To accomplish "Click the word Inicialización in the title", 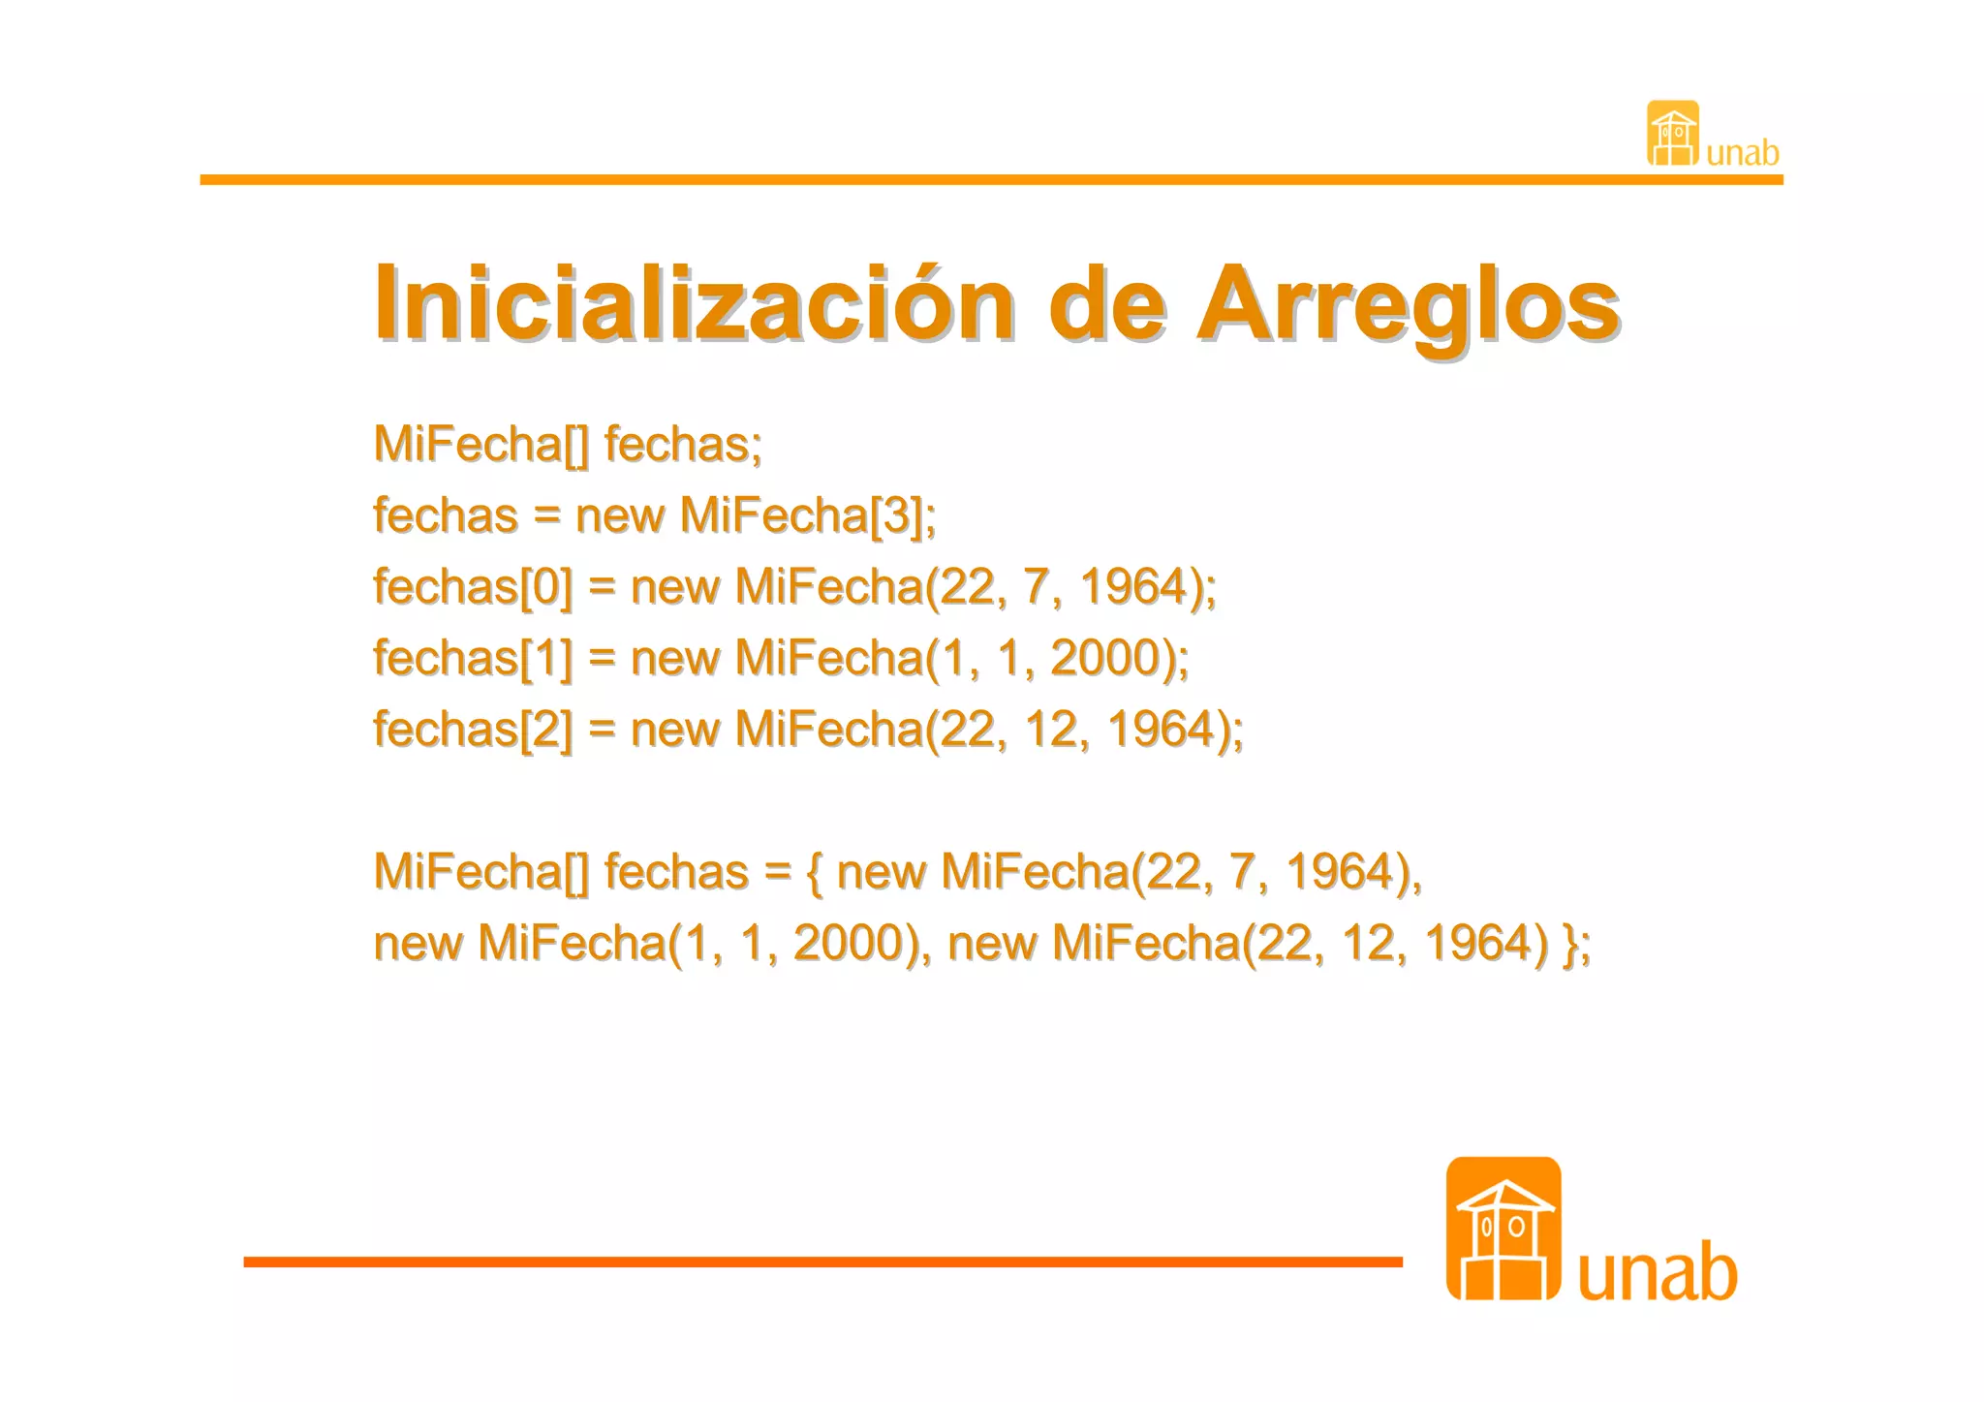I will [694, 304].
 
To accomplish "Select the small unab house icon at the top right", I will [1673, 134].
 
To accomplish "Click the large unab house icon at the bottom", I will [1503, 1229].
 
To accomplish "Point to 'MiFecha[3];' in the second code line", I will [808, 515].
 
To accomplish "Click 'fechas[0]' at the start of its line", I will [473, 587].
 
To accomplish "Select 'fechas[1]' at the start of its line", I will [473, 658].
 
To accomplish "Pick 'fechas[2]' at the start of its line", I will [473, 730].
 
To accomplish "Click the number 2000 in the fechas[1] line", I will [1105, 658].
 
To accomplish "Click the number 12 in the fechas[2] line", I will [1050, 730].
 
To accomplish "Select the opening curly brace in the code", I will [814, 872].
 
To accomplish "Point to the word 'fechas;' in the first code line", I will [683, 445].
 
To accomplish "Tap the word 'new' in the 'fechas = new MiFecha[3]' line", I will [619, 515].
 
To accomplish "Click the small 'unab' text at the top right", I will [1742, 153].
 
